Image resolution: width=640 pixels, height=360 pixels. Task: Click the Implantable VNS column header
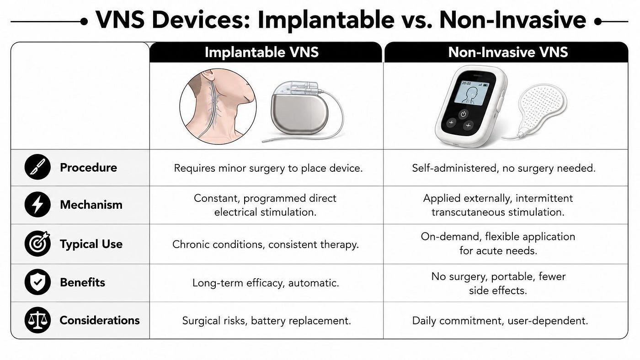261,52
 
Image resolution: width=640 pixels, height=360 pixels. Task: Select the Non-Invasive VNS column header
508,52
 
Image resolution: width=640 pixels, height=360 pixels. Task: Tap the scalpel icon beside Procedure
37,167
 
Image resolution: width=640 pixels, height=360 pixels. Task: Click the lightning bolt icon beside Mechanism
37,204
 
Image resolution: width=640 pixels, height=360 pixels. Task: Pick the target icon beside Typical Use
37,244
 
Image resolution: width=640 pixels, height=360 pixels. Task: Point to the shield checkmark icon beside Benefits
37,282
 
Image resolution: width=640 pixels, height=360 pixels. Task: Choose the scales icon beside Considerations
37,320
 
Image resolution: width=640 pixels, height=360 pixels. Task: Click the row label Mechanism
91,205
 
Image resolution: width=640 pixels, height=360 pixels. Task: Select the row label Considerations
100,320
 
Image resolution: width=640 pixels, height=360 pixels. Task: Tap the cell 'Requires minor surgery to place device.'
268,168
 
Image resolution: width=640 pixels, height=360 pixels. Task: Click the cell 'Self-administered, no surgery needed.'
504,168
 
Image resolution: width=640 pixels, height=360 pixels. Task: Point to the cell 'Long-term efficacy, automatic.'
266,283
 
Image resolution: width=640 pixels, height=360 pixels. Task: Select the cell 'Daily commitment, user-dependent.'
500,321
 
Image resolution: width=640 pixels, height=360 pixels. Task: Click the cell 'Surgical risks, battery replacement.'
267,321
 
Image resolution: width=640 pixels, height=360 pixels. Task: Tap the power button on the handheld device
464,114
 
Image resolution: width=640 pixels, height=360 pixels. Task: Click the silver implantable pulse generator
299,110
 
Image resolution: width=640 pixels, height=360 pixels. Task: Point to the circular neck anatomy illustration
218,106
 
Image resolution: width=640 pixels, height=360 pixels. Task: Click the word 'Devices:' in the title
201,20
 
